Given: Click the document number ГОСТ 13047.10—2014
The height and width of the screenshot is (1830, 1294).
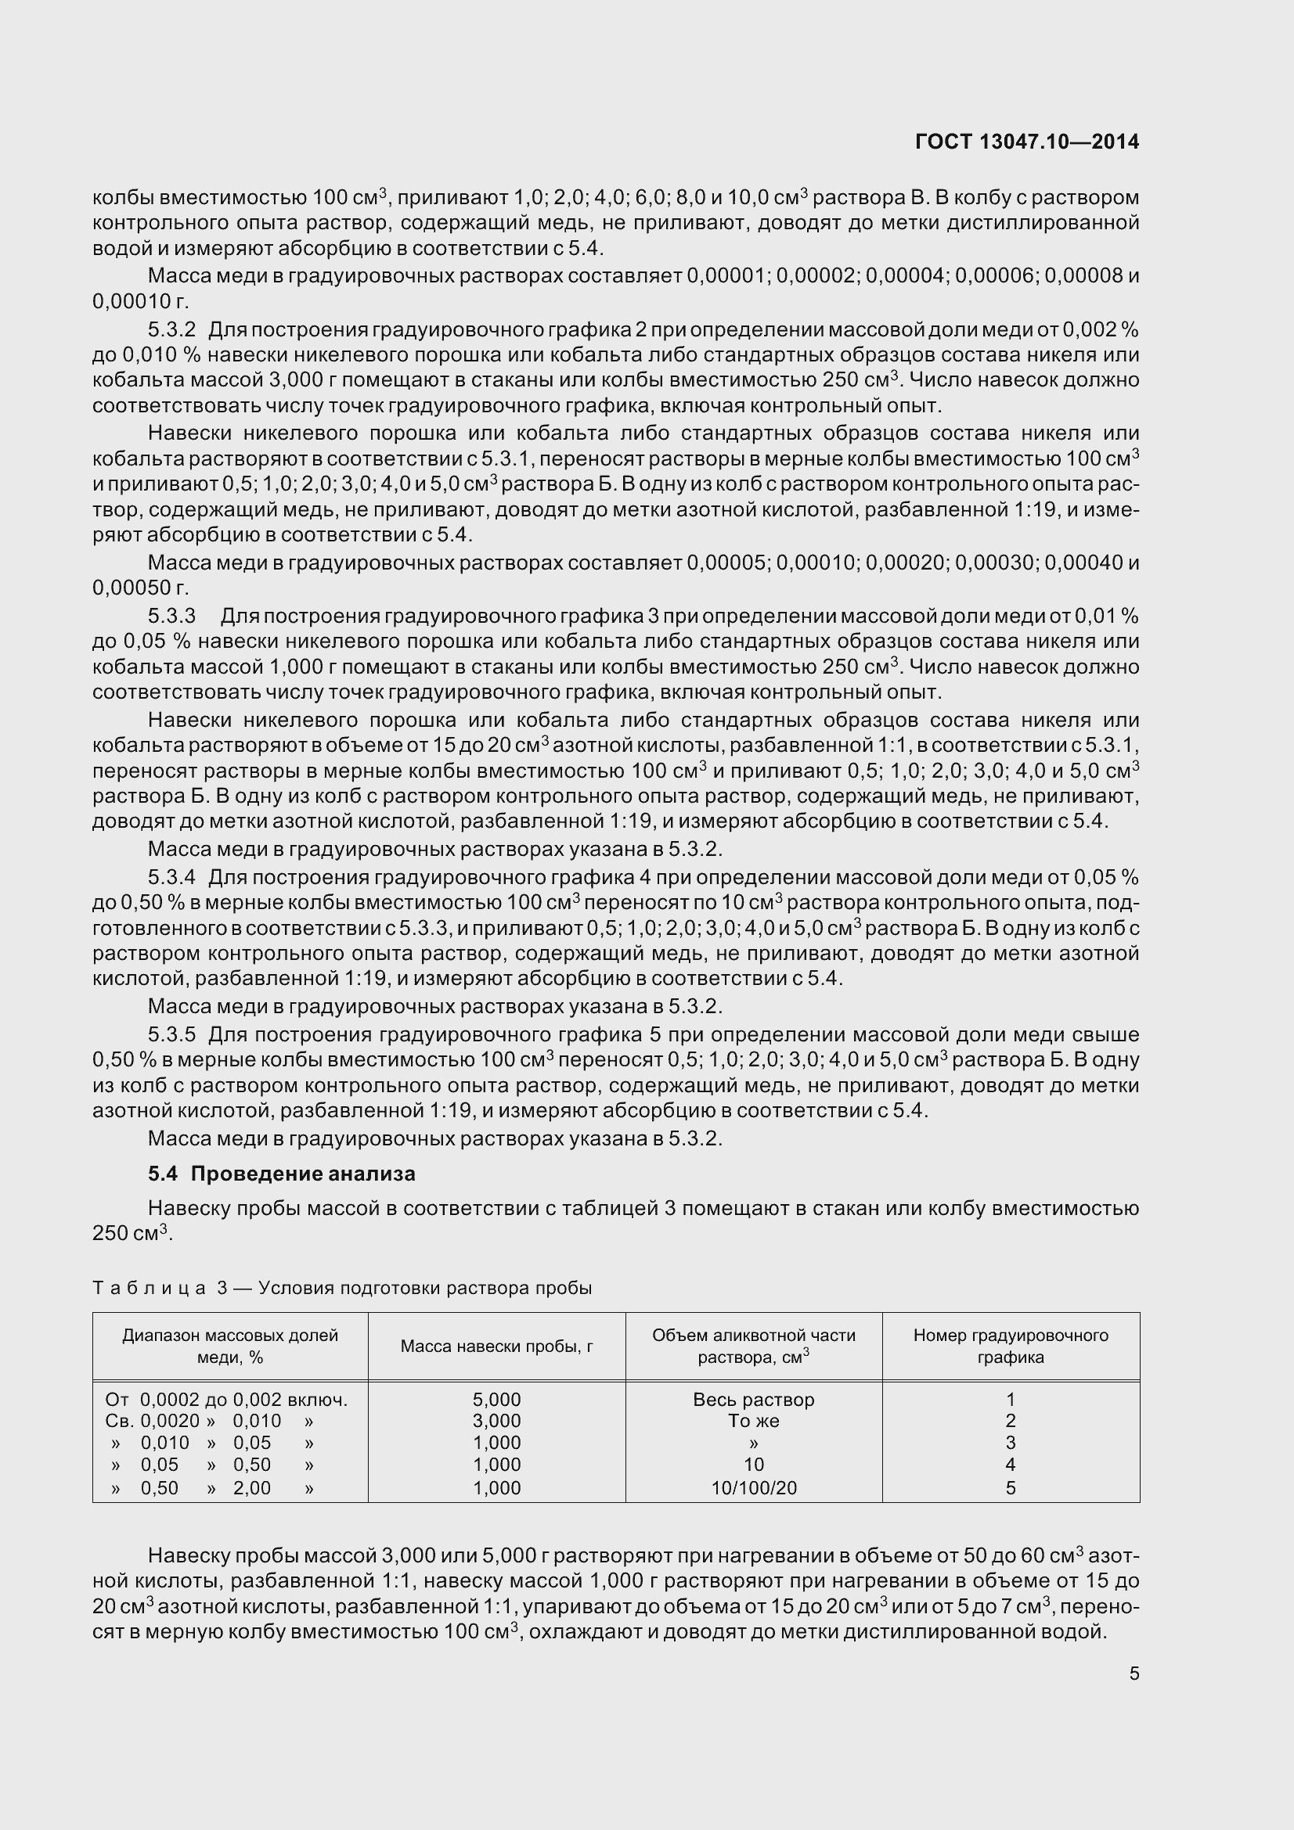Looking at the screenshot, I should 1027,142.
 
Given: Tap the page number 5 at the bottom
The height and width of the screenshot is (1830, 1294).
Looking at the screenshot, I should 1134,1674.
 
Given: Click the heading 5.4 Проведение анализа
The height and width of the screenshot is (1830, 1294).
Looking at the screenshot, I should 282,1174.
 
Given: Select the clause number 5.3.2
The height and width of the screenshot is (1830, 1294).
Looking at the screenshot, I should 171,329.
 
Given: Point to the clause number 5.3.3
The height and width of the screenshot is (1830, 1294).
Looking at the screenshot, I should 171,615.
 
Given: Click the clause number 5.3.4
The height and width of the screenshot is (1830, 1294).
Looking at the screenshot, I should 171,877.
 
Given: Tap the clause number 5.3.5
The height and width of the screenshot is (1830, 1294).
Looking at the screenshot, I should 171,1034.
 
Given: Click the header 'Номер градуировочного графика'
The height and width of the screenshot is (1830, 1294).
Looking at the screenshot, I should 1010,1346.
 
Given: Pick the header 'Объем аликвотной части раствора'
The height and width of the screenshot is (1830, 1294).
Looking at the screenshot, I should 753,1346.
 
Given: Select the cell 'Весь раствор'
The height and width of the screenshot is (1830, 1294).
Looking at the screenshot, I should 753,1400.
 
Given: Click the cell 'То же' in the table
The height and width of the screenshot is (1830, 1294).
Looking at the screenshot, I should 753,1420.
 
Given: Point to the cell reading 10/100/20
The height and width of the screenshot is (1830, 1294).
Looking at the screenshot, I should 753,1487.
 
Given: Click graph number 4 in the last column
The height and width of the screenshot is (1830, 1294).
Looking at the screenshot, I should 1010,1464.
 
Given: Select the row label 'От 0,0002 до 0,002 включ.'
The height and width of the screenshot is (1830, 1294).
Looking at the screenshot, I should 225,1400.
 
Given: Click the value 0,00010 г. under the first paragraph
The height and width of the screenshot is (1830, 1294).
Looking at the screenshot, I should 140,302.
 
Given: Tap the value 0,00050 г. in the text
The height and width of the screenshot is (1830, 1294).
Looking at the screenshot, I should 140,588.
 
